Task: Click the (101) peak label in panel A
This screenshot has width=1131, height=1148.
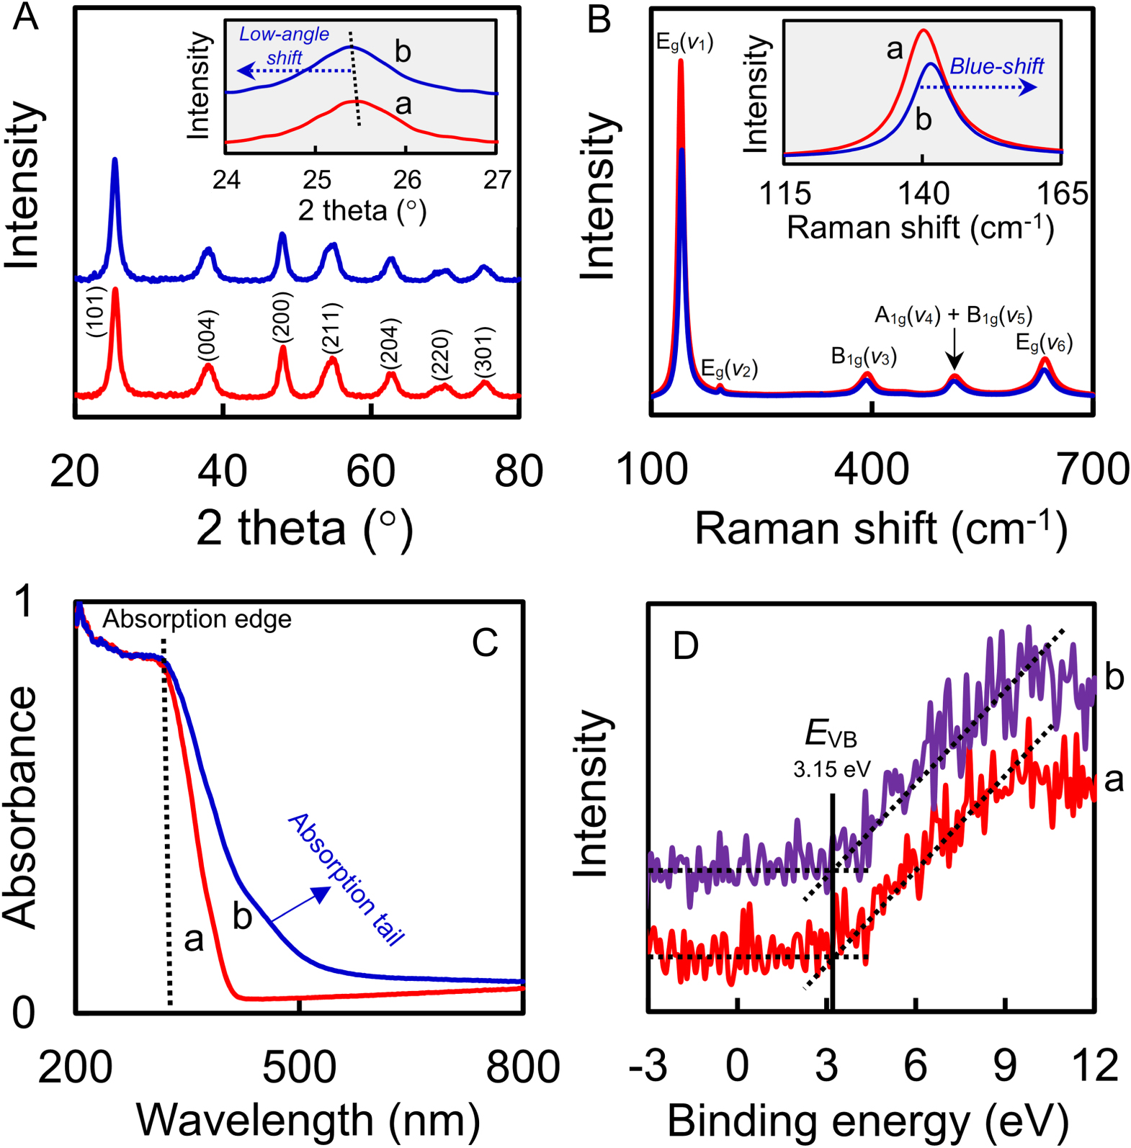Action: (x=97, y=311)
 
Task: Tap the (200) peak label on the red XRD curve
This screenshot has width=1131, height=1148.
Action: (x=282, y=317)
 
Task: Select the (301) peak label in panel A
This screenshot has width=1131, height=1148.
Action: (x=484, y=351)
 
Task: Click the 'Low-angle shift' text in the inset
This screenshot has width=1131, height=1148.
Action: (x=284, y=45)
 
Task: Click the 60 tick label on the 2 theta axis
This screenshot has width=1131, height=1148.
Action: (x=370, y=471)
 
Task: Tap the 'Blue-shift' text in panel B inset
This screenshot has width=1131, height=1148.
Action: (x=996, y=66)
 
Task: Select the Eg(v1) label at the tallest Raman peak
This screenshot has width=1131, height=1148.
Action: (x=684, y=42)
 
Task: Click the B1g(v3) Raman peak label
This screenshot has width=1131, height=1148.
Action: (x=864, y=356)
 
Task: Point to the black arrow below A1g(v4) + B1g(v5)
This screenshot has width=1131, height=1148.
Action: (x=954, y=350)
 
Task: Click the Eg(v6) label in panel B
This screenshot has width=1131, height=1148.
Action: (x=1044, y=343)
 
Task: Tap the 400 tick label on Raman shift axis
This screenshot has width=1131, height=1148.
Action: (x=872, y=470)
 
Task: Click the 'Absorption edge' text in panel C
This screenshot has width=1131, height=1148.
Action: (x=197, y=619)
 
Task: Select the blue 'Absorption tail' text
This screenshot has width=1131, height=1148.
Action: (x=347, y=879)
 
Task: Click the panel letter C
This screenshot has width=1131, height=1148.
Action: (x=485, y=643)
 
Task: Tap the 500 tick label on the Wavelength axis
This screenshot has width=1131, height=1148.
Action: (x=299, y=1067)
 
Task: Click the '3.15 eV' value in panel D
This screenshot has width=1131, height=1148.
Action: (x=832, y=769)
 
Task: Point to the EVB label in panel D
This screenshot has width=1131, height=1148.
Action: (x=831, y=735)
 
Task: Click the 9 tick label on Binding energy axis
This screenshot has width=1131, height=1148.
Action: (x=1005, y=1064)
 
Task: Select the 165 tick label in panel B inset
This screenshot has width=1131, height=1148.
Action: (x=1062, y=194)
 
